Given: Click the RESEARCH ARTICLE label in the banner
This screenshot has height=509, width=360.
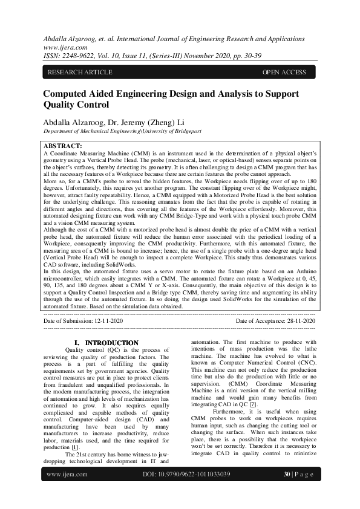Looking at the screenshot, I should pyautogui.click(x=80, y=73).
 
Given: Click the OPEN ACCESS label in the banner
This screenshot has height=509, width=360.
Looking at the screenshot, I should pyautogui.click(x=284, y=73).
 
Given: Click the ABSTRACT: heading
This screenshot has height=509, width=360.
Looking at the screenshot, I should pyautogui.click(x=64, y=146).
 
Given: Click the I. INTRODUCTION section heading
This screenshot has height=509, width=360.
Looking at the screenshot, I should pyautogui.click(x=106, y=343).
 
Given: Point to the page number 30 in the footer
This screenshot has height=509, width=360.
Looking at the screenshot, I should pyautogui.click(x=287, y=491).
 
